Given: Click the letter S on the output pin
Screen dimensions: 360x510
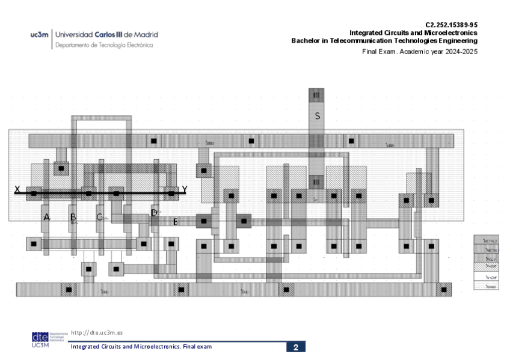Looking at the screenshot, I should pos(317,115).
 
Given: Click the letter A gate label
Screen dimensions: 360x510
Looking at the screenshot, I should pos(47,217).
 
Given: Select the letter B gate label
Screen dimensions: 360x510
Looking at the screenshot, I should pos(73,217).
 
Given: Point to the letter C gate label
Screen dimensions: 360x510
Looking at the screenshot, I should pos(99,217).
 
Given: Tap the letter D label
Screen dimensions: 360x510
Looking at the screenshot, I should pos(154,213).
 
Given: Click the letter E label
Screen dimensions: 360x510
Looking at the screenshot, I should pos(175,222).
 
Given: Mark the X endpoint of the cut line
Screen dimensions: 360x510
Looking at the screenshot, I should pos(17,189).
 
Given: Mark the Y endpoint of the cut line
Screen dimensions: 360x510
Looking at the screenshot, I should pos(185,189).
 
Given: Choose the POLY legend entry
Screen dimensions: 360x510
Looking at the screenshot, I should pos(491,258).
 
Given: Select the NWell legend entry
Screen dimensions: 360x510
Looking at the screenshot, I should pos(491,286).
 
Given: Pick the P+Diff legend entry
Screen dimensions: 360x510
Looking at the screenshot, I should pos(491,267).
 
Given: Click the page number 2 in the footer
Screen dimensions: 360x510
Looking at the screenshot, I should pos(296,347).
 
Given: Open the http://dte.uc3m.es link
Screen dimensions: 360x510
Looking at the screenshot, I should pos(97,332).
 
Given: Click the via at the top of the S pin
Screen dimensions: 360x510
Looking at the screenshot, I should pos(316,94).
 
